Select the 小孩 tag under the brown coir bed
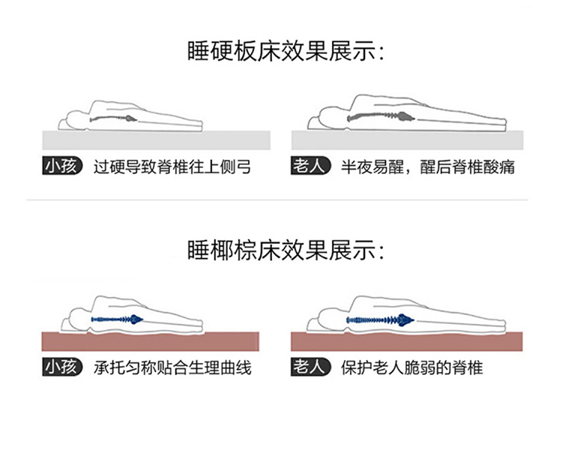pos(62,367)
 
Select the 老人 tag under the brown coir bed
pos(310,367)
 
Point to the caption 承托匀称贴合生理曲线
pos(172,367)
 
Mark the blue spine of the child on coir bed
pos(116,319)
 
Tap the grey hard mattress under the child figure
pos(156,140)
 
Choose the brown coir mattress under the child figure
pos(156,341)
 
